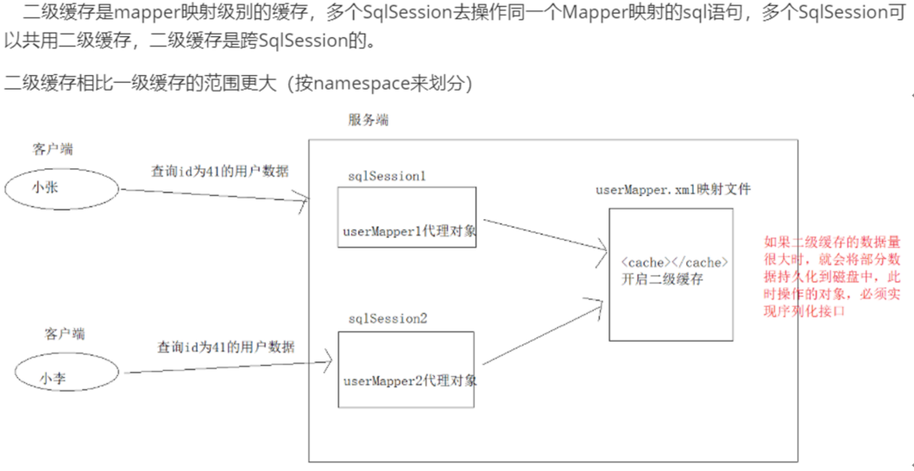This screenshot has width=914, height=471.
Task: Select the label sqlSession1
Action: [x=387, y=175]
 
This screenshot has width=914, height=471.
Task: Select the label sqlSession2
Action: [x=388, y=318]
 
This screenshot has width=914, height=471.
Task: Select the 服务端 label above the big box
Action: [x=368, y=120]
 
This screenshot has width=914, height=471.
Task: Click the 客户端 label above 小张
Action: [x=53, y=149]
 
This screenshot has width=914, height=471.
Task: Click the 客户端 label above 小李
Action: [x=65, y=333]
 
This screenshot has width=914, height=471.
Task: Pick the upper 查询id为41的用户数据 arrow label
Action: [x=220, y=170]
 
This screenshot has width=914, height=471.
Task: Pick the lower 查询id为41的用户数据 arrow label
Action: [x=226, y=347]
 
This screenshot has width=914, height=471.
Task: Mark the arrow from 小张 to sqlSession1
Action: [x=216, y=196]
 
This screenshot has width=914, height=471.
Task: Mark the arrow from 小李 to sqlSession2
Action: [x=224, y=365]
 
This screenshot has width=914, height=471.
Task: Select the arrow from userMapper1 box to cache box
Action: [x=542, y=235]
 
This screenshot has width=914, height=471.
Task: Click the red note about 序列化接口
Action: [x=835, y=277]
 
